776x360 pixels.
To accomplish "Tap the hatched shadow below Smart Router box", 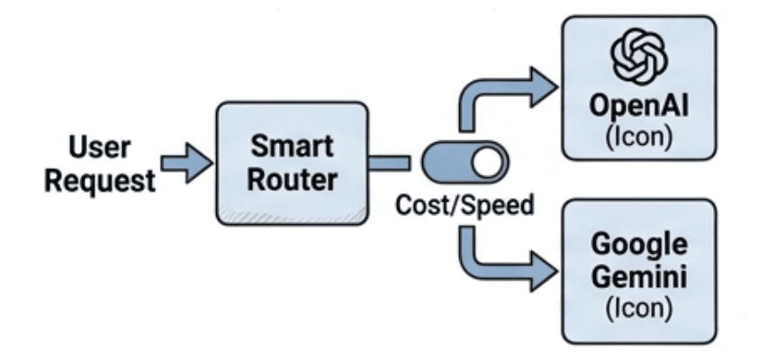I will [x=297, y=216].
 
